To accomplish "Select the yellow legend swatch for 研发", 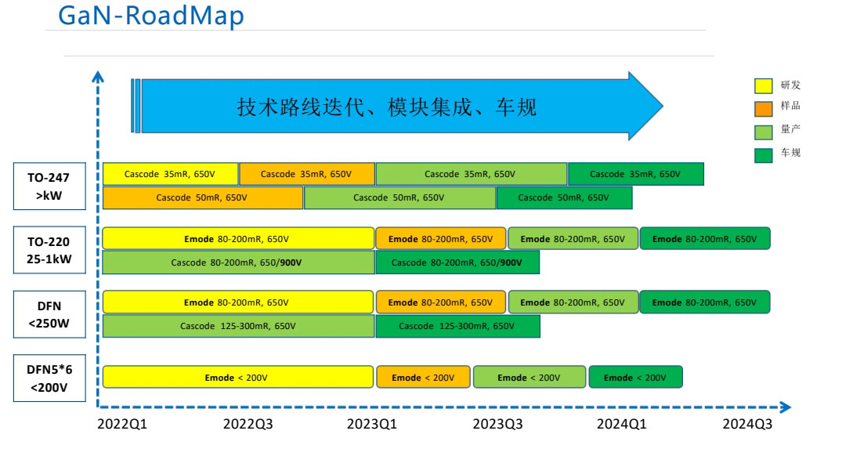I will tap(763, 85).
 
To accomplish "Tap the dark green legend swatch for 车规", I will tap(763, 154).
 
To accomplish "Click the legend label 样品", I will tap(790, 107).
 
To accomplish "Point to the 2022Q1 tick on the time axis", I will tap(126, 424).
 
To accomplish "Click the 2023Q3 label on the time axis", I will tap(498, 424).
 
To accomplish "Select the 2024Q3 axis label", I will tap(747, 424).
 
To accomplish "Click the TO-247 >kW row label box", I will tap(49, 186).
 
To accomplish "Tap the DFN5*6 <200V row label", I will tap(49, 378).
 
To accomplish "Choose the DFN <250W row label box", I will tap(49, 314).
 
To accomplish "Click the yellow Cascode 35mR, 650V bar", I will tap(170, 174).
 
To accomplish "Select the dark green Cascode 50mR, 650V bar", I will tap(564, 197).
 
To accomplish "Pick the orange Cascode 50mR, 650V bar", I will tap(202, 197).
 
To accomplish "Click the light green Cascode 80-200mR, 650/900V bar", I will tap(238, 262).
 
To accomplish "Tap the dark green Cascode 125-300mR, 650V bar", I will tap(457, 326).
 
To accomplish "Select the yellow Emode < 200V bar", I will tap(237, 378).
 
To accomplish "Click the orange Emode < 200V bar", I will tap(423, 378).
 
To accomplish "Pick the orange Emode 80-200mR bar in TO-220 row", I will tap(440, 239).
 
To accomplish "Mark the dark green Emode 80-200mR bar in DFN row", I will tap(704, 302).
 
